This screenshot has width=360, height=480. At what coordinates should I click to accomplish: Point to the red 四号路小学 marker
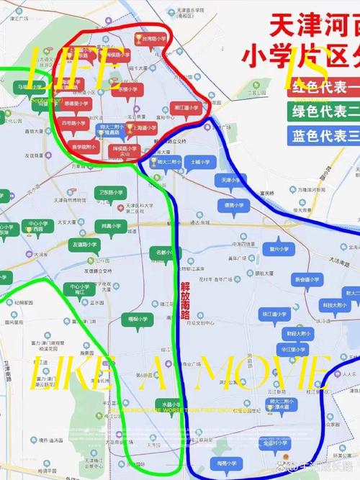(73, 123)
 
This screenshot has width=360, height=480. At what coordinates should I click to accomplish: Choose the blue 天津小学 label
(231, 180)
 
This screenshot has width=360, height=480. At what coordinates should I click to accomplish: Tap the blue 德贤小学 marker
(231, 204)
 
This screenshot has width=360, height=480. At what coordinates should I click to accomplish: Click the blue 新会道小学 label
(307, 279)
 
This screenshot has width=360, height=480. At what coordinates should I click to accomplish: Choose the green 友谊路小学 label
(85, 245)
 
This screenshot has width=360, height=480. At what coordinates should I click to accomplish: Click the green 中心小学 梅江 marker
(79, 290)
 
